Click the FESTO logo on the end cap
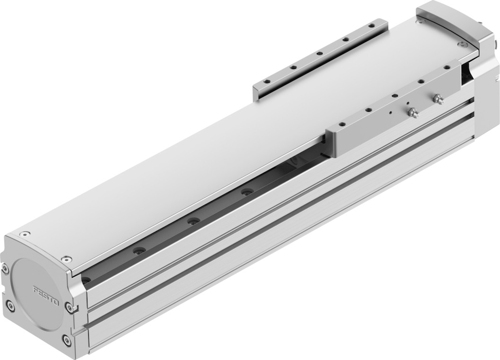(46, 296)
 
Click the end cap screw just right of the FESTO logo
(69, 307)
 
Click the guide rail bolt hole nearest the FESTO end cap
(86, 280)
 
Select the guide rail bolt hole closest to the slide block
(246, 192)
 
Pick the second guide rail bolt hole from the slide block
(192, 221)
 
